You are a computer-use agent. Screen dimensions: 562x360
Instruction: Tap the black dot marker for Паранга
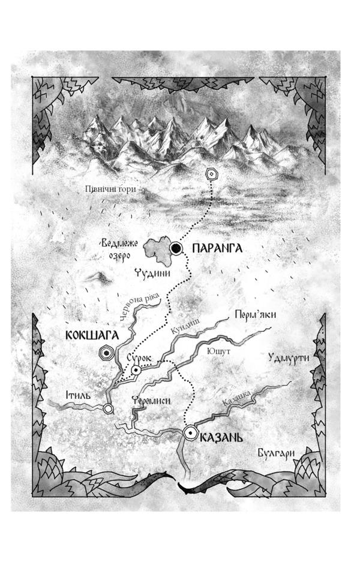(x=176, y=248)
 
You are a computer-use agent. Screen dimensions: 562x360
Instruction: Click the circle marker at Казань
(x=191, y=432)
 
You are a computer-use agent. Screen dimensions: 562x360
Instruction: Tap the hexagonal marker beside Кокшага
(x=106, y=354)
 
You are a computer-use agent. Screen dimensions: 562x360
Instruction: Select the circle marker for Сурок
(x=137, y=371)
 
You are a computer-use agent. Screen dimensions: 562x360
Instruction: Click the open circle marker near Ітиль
(x=108, y=409)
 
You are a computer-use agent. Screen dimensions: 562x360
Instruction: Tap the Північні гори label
(x=110, y=190)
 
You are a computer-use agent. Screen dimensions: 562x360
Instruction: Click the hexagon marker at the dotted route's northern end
(x=211, y=174)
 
